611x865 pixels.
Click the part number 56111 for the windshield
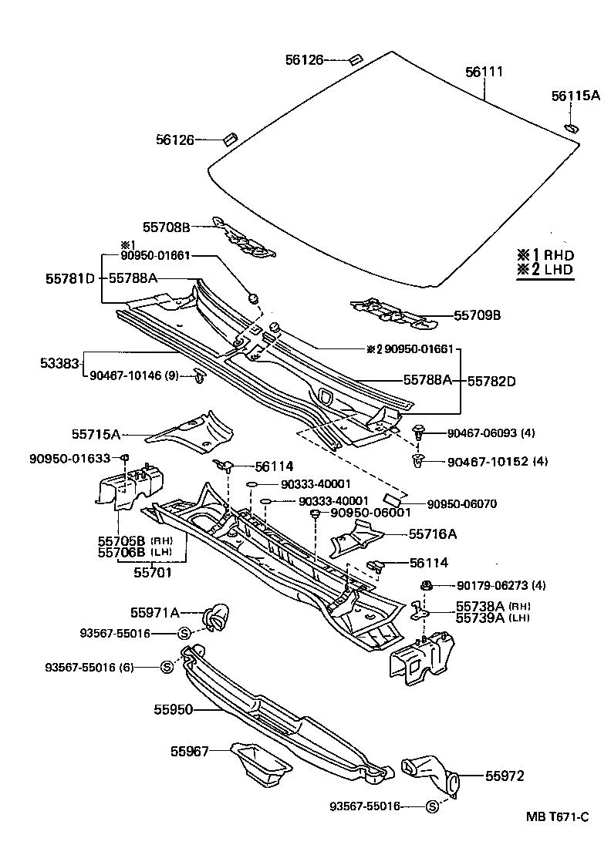484,72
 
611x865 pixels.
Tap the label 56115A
575,96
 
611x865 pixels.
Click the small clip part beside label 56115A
571,127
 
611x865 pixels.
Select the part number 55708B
166,227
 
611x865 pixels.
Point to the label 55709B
477,315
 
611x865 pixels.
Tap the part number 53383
59,362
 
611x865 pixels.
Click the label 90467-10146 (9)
134,376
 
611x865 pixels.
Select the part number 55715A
96,435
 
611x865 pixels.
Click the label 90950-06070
461,504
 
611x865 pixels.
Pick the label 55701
152,572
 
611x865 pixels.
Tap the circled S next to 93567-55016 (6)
167,667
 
